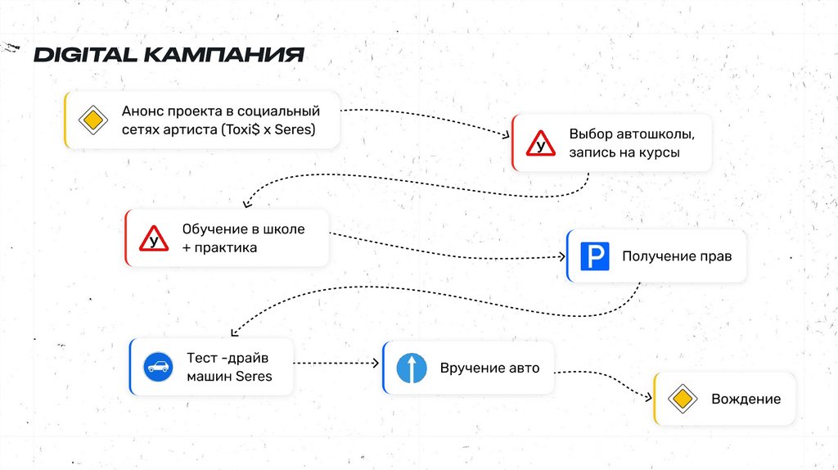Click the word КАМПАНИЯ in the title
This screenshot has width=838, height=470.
click(223, 55)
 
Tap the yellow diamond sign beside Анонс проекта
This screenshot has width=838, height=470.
click(93, 120)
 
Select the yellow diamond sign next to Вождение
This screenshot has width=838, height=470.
click(681, 399)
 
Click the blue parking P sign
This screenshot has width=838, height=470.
click(595, 256)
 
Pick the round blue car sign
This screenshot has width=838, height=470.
click(159, 367)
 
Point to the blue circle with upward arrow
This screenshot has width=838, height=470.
click(412, 368)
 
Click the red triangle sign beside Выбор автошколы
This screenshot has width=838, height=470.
click(540, 143)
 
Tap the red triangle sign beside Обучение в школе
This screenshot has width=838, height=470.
click(153, 237)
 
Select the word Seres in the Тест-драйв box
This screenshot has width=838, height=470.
click(254, 377)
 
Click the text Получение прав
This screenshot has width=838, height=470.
click(677, 256)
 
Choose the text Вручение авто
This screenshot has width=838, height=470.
click(489, 368)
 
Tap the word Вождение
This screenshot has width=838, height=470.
click(746, 400)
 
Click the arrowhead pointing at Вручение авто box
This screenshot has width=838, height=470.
click(376, 363)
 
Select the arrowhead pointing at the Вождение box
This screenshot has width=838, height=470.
click(647, 399)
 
